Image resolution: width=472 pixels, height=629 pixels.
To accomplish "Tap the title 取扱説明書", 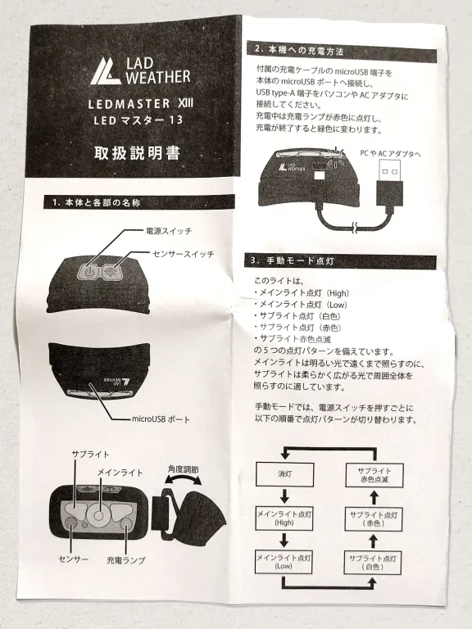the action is (138, 153).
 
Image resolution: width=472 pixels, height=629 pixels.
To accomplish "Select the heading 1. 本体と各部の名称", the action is (97, 203).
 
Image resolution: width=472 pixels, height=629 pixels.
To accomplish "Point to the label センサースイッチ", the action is (184, 255).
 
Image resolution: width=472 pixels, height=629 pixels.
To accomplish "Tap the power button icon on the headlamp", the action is (90, 271).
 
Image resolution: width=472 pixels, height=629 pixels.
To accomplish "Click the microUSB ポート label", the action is (161, 419).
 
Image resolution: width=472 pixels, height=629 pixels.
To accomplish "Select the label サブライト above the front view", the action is (90, 454).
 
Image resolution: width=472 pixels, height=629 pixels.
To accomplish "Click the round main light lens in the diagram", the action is (98, 514).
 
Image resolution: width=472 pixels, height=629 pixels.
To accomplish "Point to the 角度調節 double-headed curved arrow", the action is (183, 479).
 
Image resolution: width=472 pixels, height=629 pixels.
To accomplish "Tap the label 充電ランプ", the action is (125, 560).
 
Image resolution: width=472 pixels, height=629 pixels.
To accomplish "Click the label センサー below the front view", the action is (74, 559).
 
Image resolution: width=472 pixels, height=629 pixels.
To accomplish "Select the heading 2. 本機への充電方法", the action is (299, 51).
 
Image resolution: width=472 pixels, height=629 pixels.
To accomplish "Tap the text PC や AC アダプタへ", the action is (390, 154).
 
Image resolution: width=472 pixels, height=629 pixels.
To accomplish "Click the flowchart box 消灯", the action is (284, 474).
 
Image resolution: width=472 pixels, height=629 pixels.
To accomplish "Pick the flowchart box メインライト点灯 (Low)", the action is (284, 562).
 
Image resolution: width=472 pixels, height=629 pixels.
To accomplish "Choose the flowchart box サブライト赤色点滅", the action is (374, 475).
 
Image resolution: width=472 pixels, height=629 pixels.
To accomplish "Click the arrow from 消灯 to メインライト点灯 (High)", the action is (284, 496).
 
